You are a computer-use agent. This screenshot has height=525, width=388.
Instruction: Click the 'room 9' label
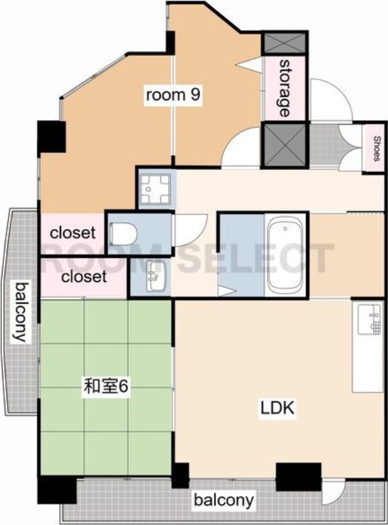(172, 95)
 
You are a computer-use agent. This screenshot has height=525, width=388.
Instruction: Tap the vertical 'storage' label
(284, 87)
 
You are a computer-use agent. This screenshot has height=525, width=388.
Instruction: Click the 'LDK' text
(278, 408)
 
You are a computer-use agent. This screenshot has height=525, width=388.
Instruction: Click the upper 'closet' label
(73, 232)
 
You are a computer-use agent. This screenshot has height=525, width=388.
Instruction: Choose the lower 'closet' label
(83, 277)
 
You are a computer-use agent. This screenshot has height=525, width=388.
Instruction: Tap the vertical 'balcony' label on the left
(22, 312)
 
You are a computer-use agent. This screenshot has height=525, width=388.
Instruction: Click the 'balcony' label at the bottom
(223, 501)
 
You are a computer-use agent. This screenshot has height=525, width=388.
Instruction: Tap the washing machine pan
(156, 188)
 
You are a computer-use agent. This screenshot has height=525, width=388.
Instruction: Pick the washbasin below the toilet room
(153, 277)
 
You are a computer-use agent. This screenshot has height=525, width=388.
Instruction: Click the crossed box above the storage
(284, 43)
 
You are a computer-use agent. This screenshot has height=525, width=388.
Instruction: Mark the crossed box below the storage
(284, 144)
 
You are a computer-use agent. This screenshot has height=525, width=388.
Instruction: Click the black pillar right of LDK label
(298, 476)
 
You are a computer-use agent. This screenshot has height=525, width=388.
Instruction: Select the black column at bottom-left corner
(56, 490)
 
